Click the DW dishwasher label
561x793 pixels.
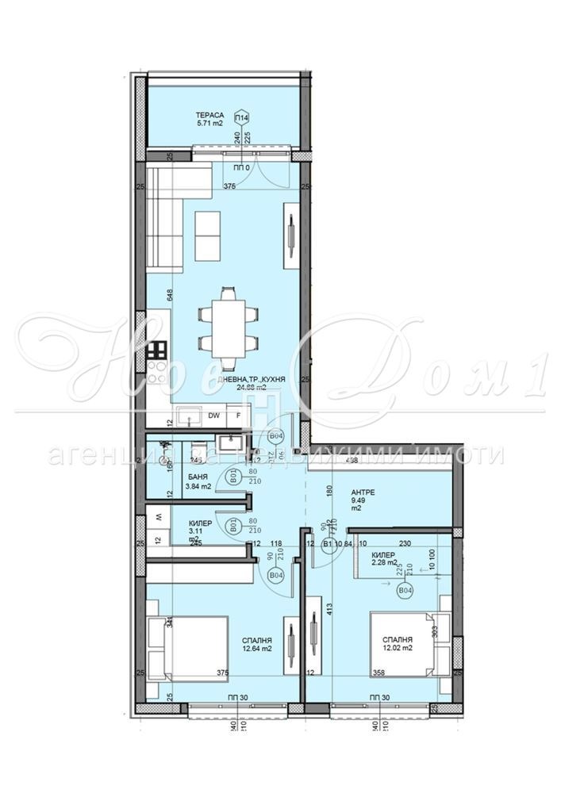point(213,415)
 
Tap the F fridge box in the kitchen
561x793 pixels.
point(236,415)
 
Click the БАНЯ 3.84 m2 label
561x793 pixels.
point(198,481)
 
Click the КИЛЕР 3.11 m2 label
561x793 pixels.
point(200,530)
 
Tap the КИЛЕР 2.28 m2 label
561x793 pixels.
point(389,558)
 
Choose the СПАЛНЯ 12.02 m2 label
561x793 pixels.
point(395,643)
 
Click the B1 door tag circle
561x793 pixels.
point(327,544)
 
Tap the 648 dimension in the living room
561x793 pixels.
point(170,296)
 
